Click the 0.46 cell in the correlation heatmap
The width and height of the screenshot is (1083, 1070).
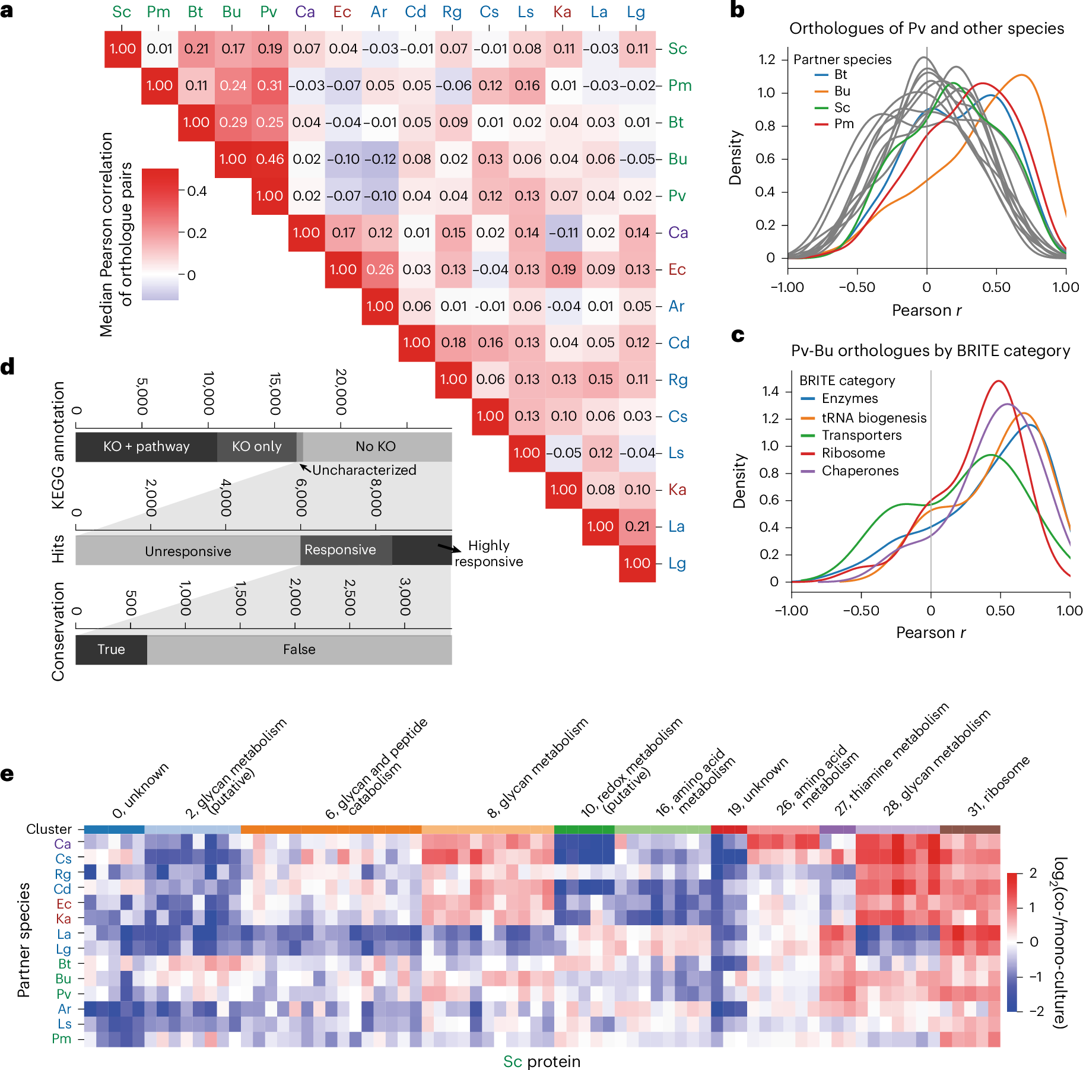click(x=270, y=159)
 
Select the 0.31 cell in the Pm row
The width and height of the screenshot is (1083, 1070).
click(x=270, y=85)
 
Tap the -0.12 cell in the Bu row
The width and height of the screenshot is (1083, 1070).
click(x=380, y=159)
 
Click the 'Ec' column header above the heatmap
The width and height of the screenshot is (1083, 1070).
click(x=342, y=12)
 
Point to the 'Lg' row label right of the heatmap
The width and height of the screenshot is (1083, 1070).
click(x=677, y=563)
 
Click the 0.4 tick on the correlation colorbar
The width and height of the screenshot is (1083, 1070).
click(x=197, y=191)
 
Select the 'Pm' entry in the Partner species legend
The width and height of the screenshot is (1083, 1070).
click(x=844, y=124)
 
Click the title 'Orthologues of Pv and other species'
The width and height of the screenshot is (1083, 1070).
click(x=926, y=28)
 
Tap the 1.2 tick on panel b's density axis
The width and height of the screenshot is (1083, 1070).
click(x=767, y=59)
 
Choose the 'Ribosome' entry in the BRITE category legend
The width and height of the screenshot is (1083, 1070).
click(x=853, y=453)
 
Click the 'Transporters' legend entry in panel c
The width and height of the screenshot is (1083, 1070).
click(x=861, y=436)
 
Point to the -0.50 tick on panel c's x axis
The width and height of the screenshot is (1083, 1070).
click(x=860, y=611)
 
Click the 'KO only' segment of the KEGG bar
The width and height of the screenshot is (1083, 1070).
click(x=256, y=447)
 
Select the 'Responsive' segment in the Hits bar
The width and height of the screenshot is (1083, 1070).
click(x=340, y=550)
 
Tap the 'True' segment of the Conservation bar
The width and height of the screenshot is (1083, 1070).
click(x=111, y=650)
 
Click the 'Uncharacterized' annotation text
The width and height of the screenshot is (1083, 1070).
click(x=364, y=470)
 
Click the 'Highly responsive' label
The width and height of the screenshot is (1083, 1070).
click(x=488, y=553)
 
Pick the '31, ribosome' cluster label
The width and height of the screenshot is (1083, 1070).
click(x=998, y=786)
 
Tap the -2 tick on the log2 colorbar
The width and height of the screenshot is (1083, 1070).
click(x=1036, y=1011)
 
